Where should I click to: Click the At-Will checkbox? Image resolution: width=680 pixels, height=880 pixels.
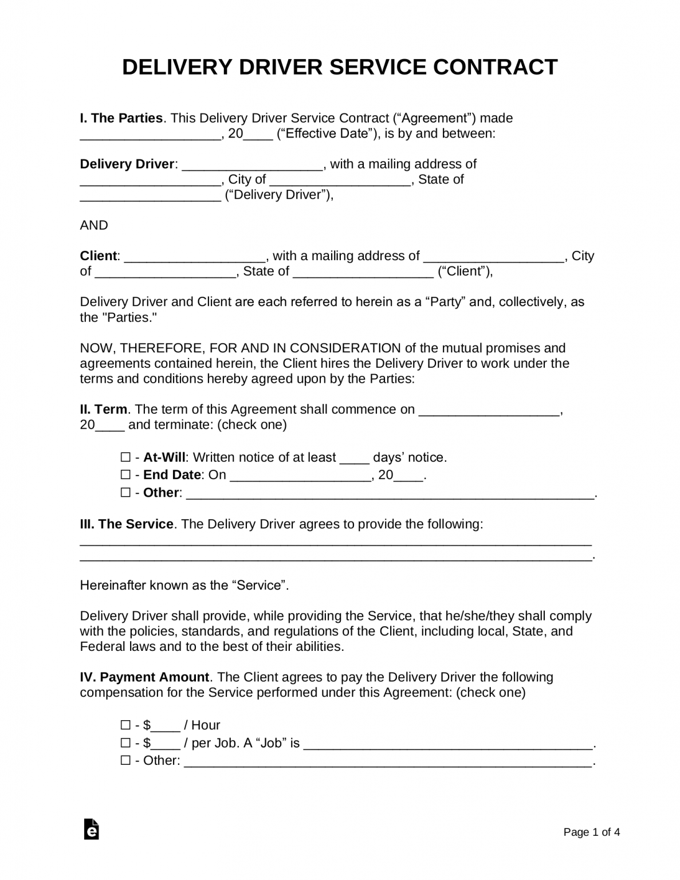tap(125, 457)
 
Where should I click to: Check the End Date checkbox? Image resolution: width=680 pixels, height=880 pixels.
tap(125, 475)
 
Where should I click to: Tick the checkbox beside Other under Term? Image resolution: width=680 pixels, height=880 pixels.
tap(125, 492)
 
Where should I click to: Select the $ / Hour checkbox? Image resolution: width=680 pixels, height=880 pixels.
tap(125, 725)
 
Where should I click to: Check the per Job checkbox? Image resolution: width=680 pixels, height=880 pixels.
tap(125, 743)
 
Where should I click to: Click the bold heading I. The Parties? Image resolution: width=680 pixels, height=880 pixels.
tap(121, 118)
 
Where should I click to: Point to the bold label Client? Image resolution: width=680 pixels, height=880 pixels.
tap(99, 256)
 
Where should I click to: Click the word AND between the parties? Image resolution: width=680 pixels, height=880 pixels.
tap(94, 225)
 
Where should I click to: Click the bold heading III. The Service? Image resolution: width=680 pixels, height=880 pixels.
tap(127, 524)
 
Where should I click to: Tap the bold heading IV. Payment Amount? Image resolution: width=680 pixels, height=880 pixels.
tap(144, 677)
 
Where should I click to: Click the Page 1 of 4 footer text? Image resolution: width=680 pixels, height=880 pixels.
tap(591, 832)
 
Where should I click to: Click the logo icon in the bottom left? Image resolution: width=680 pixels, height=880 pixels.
tap(91, 829)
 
